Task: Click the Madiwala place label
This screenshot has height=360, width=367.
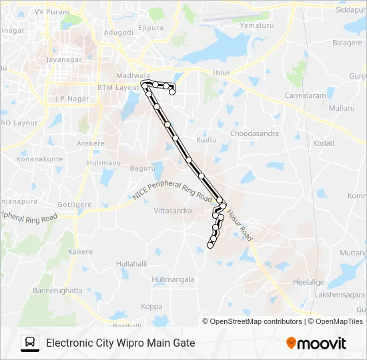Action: click(x=131, y=76)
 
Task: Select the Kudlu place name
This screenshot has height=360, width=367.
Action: click(x=206, y=141)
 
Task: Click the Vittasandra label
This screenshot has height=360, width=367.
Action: click(x=173, y=211)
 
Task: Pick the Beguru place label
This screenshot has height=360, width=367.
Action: click(x=142, y=169)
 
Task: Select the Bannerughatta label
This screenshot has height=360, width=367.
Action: click(x=57, y=291)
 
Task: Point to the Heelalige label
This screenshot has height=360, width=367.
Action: click(x=308, y=283)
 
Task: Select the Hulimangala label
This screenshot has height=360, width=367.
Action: click(x=173, y=279)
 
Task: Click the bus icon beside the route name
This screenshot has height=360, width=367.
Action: click(x=30, y=343)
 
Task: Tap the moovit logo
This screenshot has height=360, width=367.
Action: click(x=316, y=343)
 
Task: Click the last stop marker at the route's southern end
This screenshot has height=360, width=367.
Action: click(x=210, y=245)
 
